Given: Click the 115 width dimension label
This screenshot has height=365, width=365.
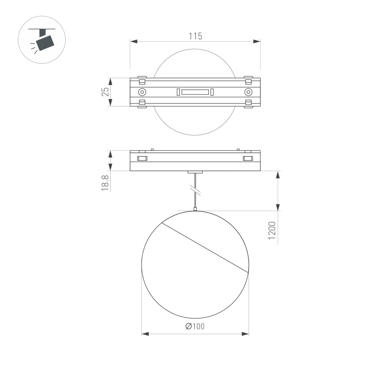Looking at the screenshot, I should [x=195, y=36].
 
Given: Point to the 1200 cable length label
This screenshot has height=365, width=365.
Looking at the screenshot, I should [x=272, y=230].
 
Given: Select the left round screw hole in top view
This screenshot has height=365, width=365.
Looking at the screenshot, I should [x=142, y=92].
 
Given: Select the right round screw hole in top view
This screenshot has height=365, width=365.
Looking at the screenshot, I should [x=248, y=92].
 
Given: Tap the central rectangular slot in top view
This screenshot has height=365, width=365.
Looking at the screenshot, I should [x=195, y=92].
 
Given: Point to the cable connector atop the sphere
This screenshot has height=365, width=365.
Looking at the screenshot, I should [x=195, y=209].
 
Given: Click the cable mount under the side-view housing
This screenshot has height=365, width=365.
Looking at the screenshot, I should [x=195, y=172].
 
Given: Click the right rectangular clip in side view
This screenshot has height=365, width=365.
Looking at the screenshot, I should [x=248, y=158].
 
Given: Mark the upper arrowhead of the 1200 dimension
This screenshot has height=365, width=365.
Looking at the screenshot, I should [x=278, y=175].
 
